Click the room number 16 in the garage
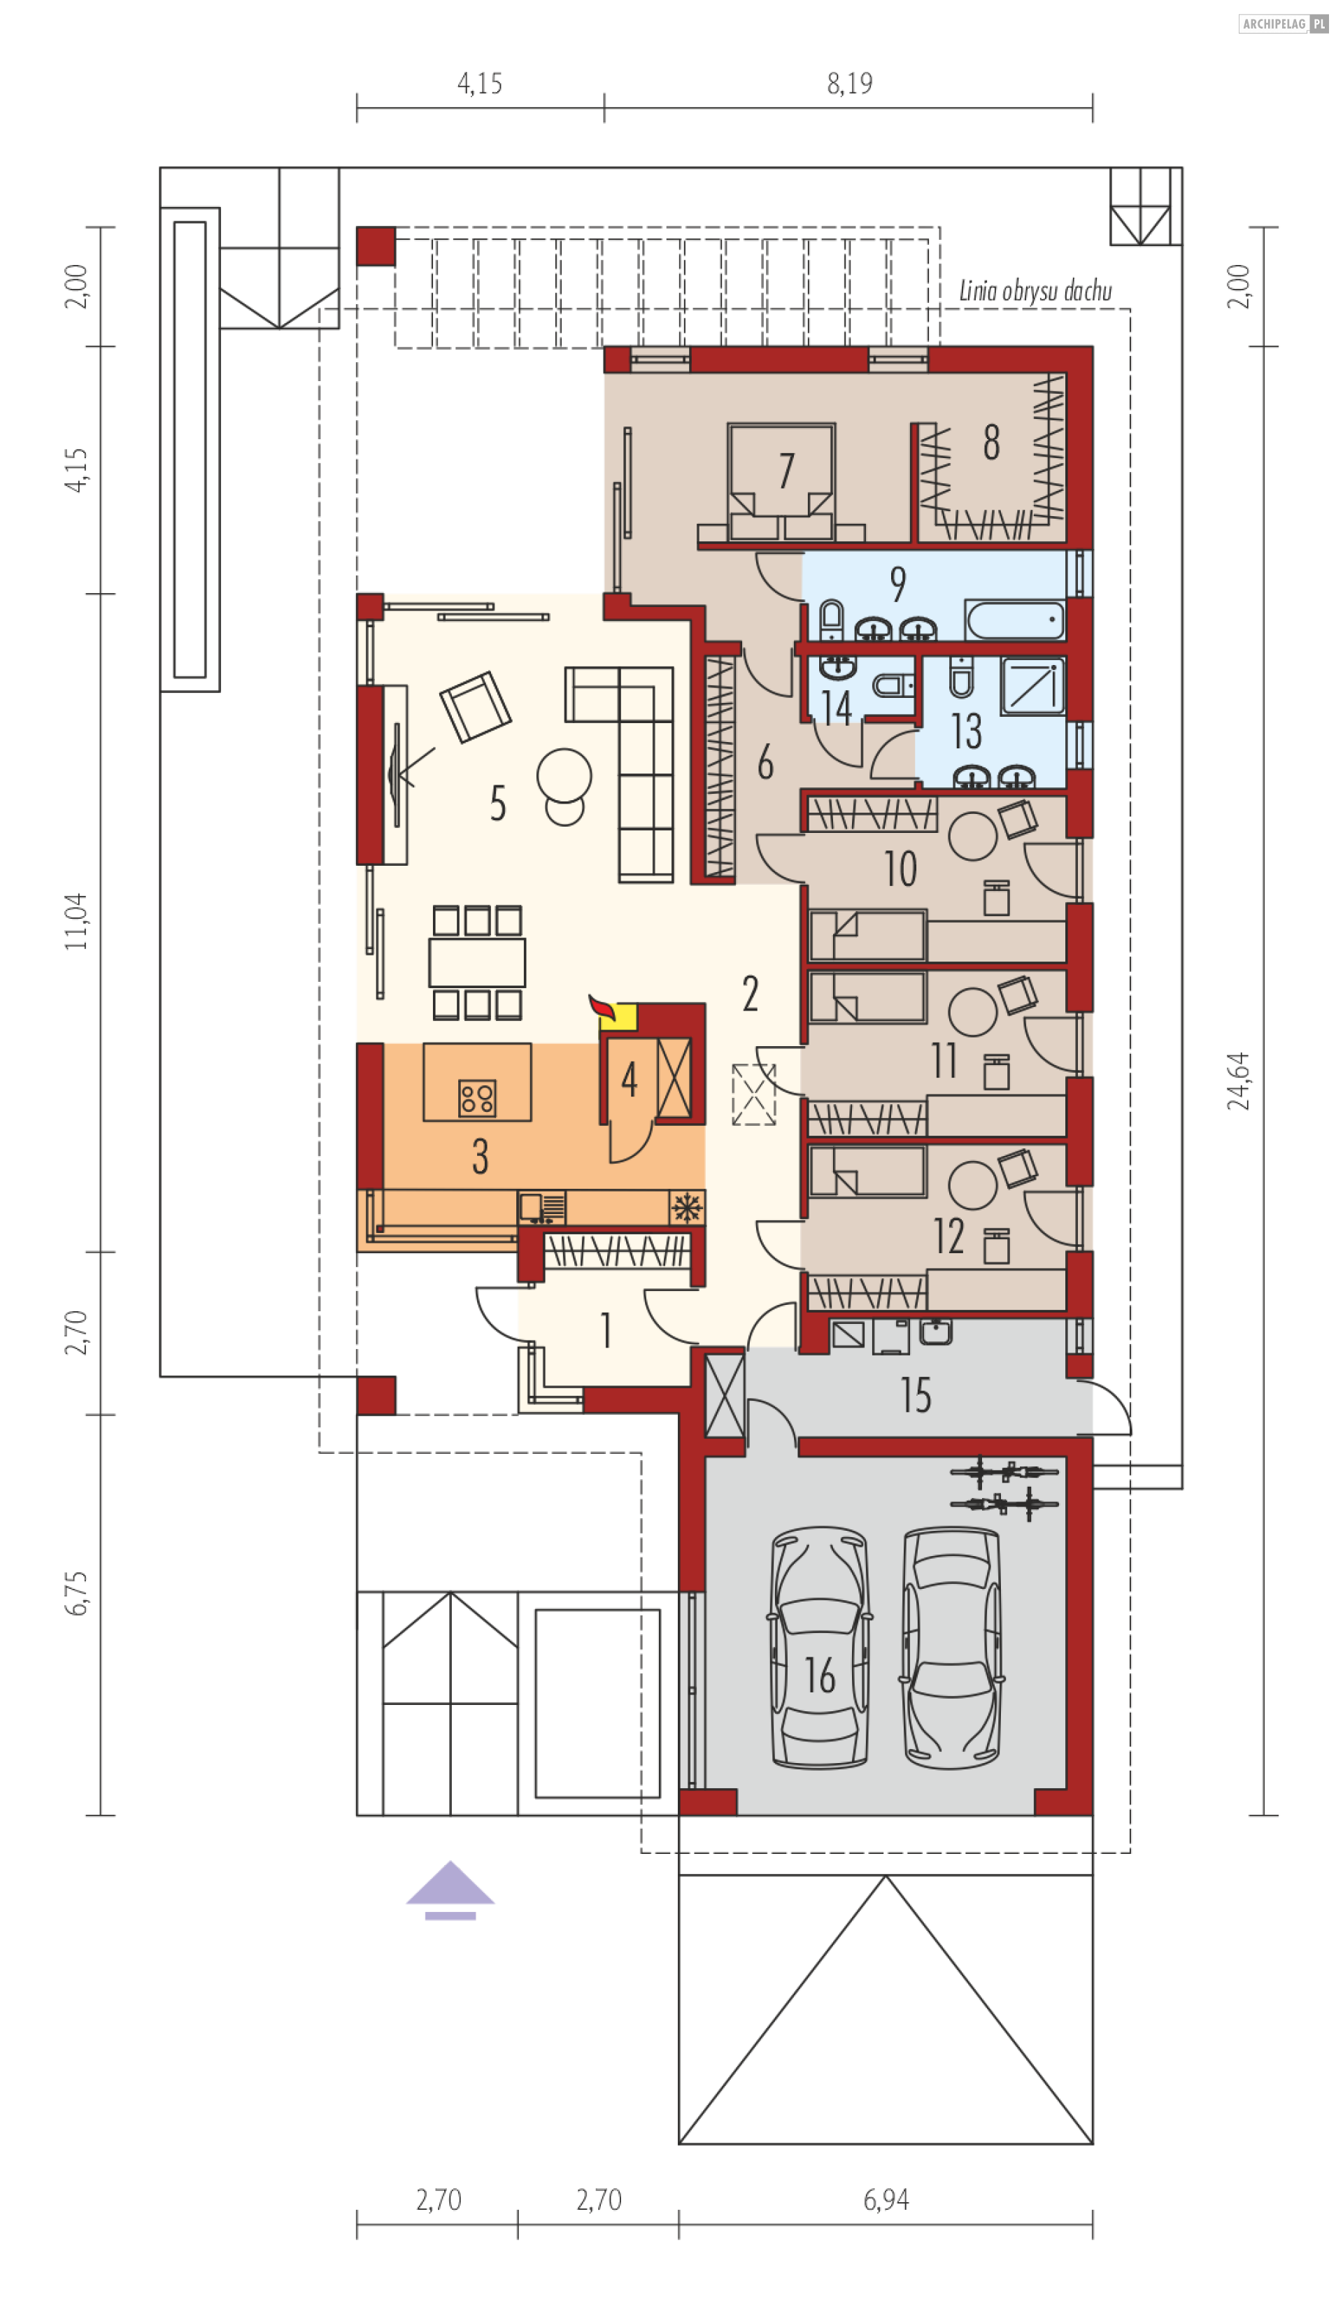819,1676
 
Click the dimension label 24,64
1237,1080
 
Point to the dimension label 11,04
76,921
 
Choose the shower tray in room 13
1033,685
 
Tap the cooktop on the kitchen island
477,1097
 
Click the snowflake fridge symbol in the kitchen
686,1207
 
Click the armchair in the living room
475,706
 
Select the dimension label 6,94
886,2199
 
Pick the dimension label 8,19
849,83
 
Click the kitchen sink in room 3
541,1207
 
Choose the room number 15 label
916,1394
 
